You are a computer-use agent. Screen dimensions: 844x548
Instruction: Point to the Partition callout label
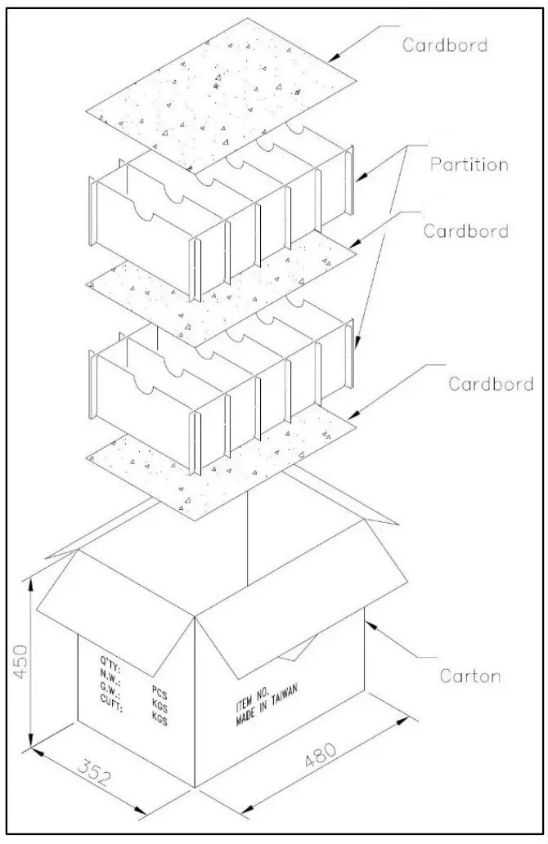tap(469, 164)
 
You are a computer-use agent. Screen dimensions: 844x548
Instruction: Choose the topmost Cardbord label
tap(445, 44)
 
